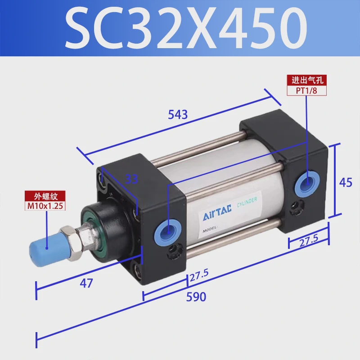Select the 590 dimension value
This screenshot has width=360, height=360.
pyautogui.click(x=197, y=297)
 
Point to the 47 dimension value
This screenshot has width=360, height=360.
pyautogui.click(x=86, y=283)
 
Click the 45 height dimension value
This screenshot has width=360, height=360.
pyautogui.click(x=345, y=182)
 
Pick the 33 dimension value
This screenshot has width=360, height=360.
pyautogui.click(x=131, y=179)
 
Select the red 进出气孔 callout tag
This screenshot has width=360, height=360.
pyautogui.click(x=307, y=81)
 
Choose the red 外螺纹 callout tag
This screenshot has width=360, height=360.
pyautogui.click(x=46, y=196)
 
